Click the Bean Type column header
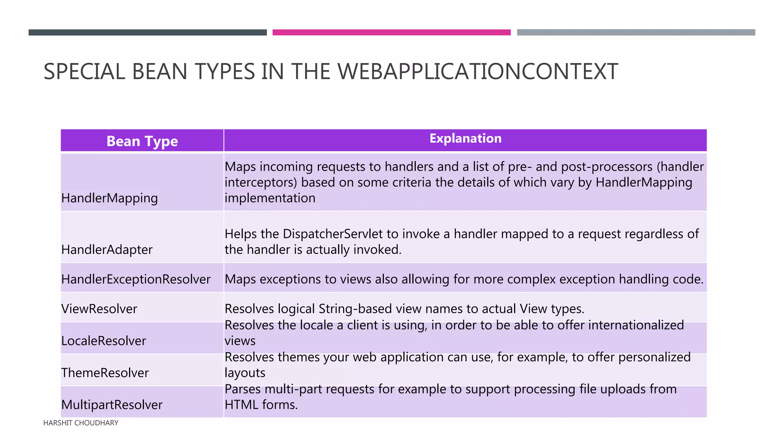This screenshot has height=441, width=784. click(x=142, y=141)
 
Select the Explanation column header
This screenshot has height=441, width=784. click(x=465, y=138)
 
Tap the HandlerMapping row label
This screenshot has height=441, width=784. click(x=109, y=198)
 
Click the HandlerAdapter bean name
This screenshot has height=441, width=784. click(x=107, y=250)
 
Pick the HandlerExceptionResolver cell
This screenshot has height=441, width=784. click(x=136, y=279)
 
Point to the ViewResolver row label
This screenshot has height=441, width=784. click(x=99, y=309)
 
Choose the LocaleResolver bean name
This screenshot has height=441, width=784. click(x=104, y=341)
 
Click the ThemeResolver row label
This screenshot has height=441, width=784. click(x=105, y=373)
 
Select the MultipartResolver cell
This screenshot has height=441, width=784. click(x=112, y=405)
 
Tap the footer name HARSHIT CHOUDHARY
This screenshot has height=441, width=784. click(x=81, y=423)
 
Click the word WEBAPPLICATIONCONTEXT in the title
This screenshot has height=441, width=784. click(x=478, y=72)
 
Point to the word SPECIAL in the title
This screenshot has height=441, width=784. click(x=84, y=72)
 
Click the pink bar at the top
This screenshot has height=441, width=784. click(x=391, y=33)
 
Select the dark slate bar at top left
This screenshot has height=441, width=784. click(x=147, y=33)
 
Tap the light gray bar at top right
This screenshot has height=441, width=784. click(x=636, y=33)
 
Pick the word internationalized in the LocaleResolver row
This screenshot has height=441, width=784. click(x=636, y=325)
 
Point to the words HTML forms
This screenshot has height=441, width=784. click(x=261, y=405)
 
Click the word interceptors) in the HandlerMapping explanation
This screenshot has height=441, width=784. click(x=261, y=182)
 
